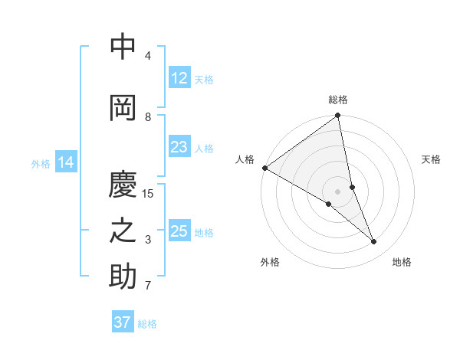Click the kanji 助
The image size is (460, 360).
pos(123,277)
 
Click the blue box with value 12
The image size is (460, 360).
pos(179,78)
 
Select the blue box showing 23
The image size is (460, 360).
pos(179,147)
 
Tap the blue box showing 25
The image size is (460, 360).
pos(179,231)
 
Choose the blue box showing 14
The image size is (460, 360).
pos(65,162)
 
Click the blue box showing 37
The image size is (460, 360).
pos(122,322)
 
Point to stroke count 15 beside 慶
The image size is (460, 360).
pos(148,194)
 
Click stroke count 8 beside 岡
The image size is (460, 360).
pos(148,116)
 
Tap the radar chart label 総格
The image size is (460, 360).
pos(338,100)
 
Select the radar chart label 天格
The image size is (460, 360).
pos(431,159)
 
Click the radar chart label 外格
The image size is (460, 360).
pos(270,262)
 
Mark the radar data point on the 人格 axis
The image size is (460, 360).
pos(264,168)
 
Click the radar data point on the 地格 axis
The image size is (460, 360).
pos(374,242)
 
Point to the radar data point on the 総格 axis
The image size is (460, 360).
pos(338,116)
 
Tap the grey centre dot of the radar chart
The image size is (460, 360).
pos(338,191)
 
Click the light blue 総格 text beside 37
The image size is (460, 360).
pos(147,324)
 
